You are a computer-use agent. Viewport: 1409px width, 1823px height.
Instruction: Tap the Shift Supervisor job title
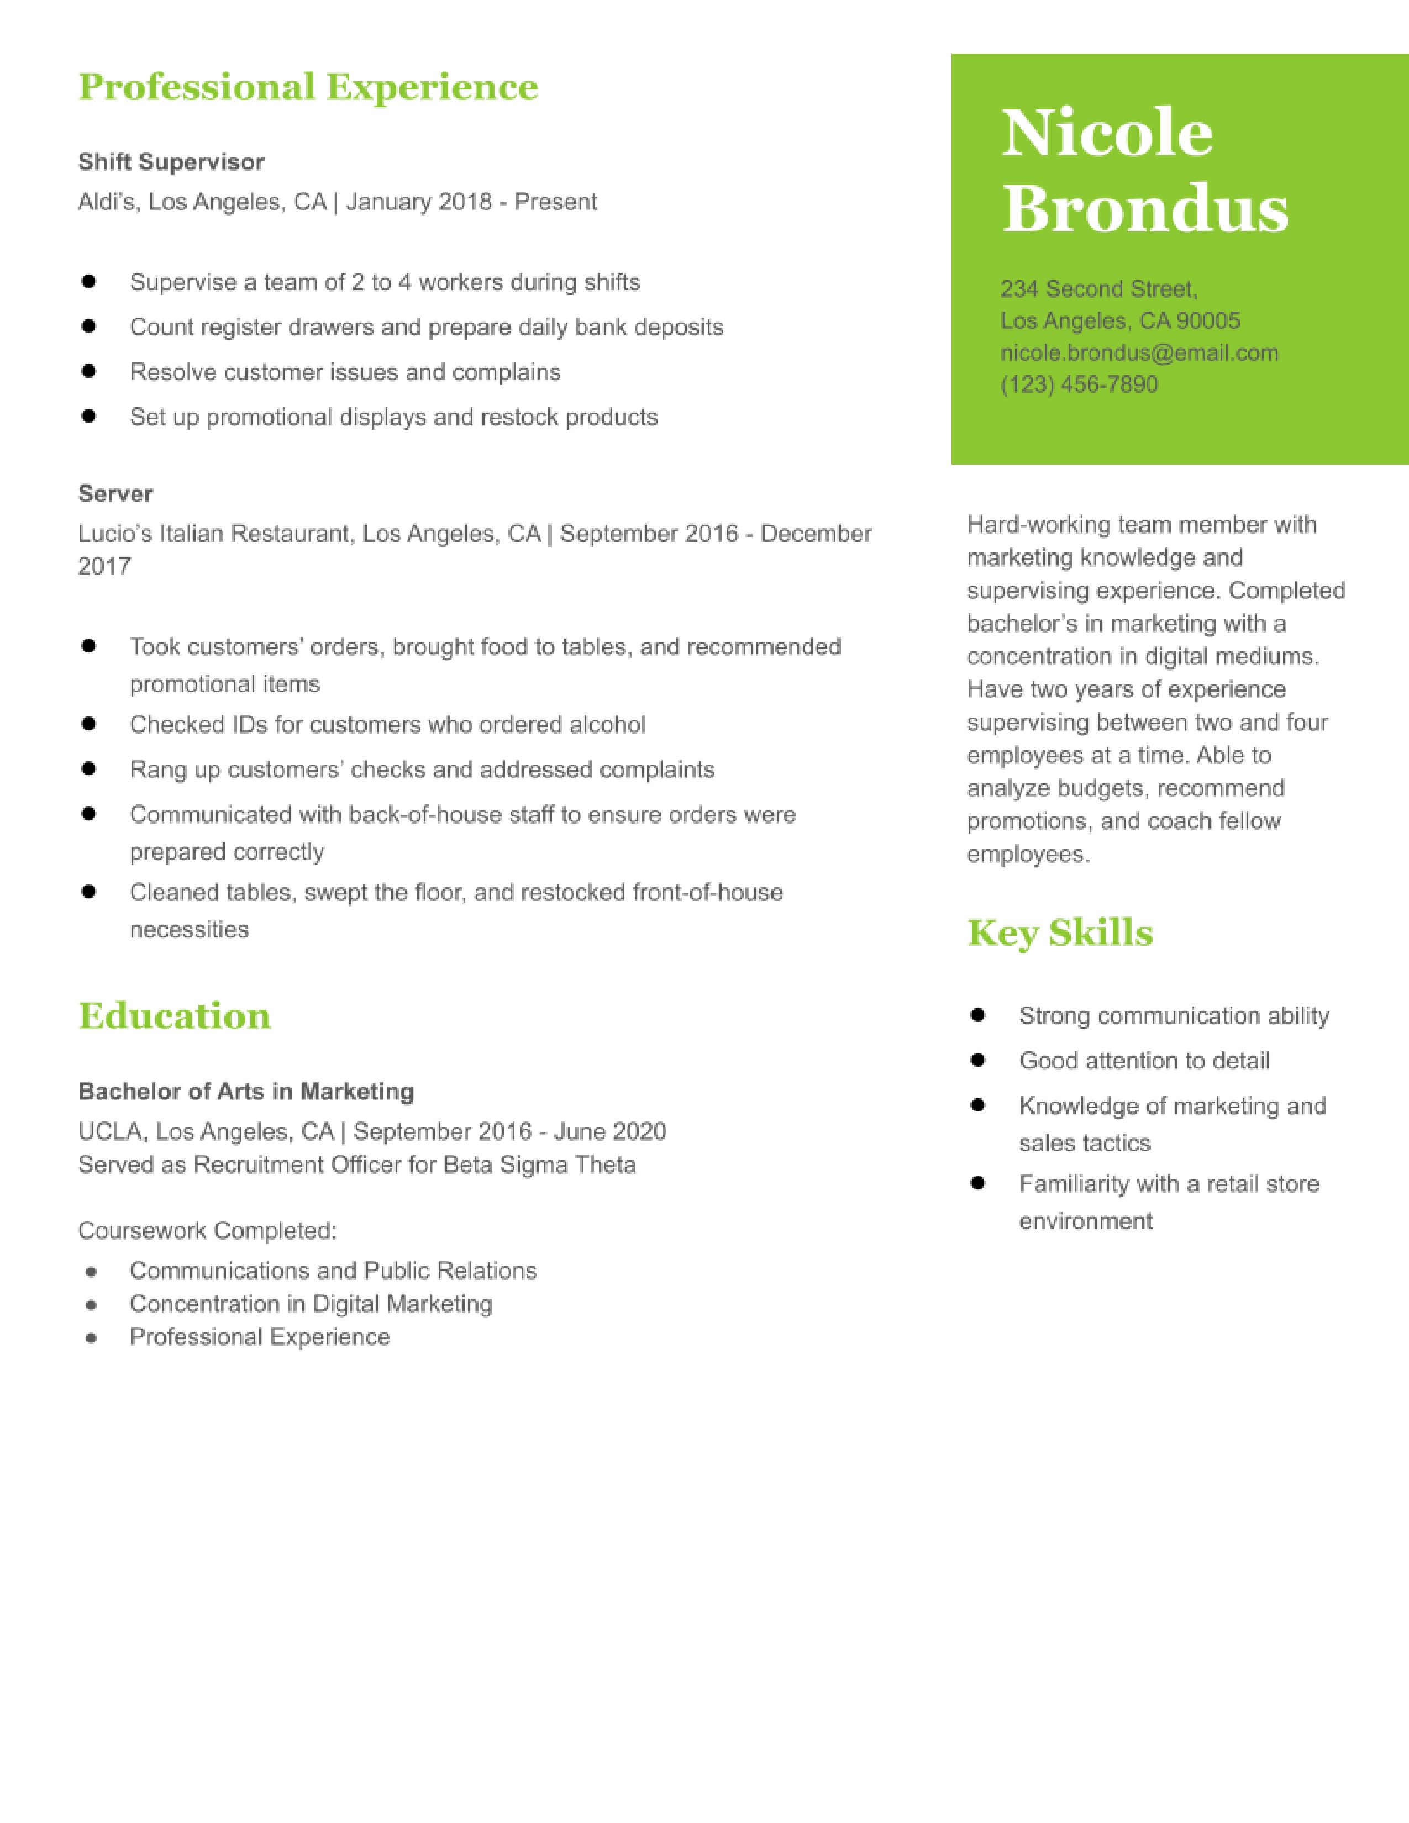coord(171,162)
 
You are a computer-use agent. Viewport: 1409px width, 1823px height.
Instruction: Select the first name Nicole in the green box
coord(1107,134)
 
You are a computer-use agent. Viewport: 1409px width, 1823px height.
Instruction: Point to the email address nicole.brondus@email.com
coord(1139,353)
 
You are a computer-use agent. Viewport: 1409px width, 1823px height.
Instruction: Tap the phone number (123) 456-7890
coord(1079,385)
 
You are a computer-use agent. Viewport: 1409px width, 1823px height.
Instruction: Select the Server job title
coord(115,494)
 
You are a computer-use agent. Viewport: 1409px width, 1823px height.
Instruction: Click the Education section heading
coord(175,1016)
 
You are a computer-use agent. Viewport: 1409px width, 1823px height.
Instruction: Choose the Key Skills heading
coord(1060,933)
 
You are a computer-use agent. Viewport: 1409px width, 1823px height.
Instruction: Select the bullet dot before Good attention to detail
coord(978,1060)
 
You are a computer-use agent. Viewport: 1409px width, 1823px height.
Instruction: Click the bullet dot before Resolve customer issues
coord(88,371)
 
